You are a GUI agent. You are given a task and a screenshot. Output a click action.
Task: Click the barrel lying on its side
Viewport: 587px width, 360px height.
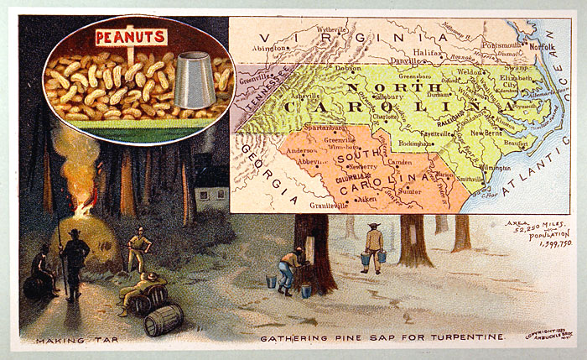click(x=164, y=319)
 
